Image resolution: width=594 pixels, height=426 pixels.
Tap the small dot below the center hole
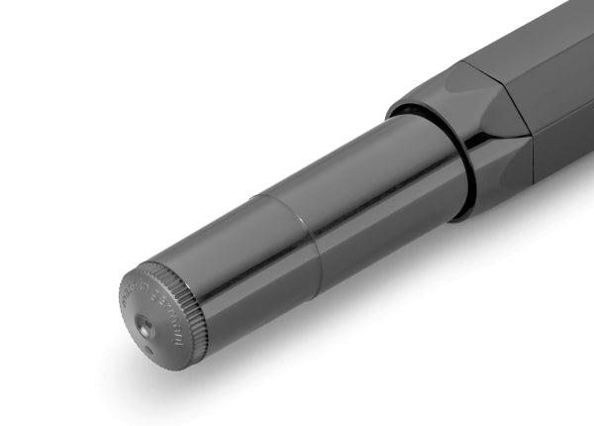click(148, 348)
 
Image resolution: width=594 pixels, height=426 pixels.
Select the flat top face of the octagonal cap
click(535, 40)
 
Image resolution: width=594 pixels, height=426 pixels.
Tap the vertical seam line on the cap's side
click(533, 149)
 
